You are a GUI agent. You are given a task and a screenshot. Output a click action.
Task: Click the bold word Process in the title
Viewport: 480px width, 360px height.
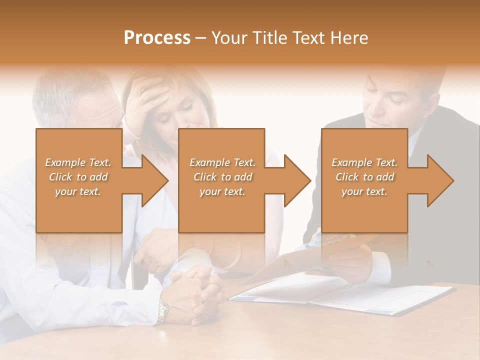pyautogui.click(x=157, y=38)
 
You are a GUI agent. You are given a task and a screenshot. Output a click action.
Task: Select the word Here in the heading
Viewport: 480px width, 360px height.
pyautogui.click(x=350, y=38)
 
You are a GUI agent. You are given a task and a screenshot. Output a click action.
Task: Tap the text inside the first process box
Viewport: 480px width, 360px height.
pyautogui.click(x=78, y=177)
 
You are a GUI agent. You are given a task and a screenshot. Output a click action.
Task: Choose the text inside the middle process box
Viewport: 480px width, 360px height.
pyautogui.click(x=222, y=177)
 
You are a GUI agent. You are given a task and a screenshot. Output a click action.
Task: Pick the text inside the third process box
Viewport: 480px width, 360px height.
pyautogui.click(x=364, y=177)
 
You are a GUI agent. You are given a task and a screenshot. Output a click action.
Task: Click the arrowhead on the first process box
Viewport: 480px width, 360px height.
pyautogui.click(x=153, y=180)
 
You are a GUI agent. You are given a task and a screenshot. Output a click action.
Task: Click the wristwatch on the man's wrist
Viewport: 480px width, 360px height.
pyautogui.click(x=162, y=310)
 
